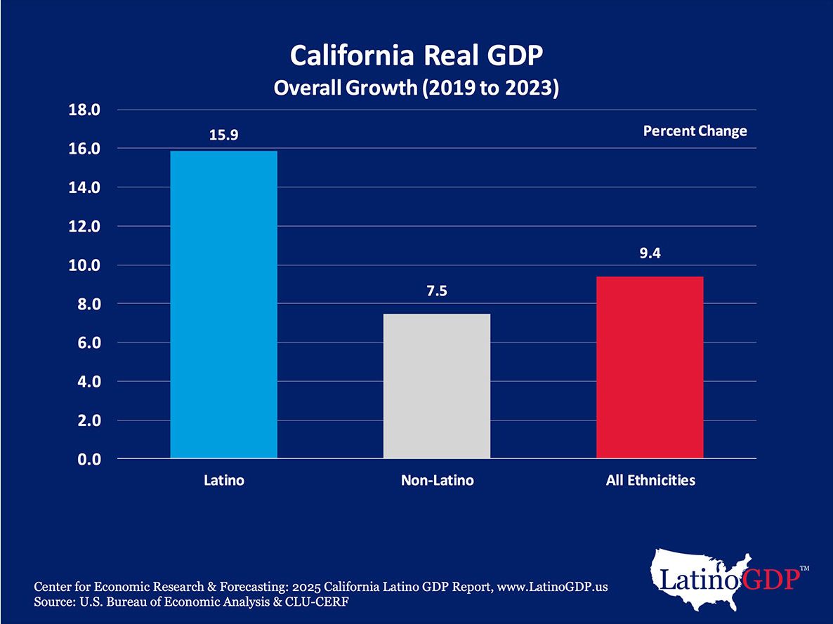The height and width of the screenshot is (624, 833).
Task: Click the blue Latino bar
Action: click(223, 305)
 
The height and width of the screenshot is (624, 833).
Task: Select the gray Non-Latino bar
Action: click(436, 386)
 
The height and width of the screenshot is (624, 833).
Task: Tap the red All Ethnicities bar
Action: click(650, 367)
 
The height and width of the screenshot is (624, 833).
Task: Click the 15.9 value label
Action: click(223, 135)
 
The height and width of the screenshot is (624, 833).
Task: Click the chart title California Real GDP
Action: click(416, 55)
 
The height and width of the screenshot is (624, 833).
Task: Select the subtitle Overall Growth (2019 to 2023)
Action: click(416, 89)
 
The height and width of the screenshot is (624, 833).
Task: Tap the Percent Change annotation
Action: click(695, 131)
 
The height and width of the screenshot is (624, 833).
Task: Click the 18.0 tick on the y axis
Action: click(85, 110)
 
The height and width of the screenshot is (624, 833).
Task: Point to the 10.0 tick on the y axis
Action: click(85, 265)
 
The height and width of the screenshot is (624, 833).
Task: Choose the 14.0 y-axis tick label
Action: click(85, 188)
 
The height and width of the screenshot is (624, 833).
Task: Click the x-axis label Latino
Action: click(223, 481)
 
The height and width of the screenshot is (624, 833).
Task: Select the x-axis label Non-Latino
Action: click(437, 481)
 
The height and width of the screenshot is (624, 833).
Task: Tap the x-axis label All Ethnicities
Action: click(650, 481)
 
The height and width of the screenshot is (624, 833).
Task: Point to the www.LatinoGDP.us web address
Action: click(552, 587)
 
